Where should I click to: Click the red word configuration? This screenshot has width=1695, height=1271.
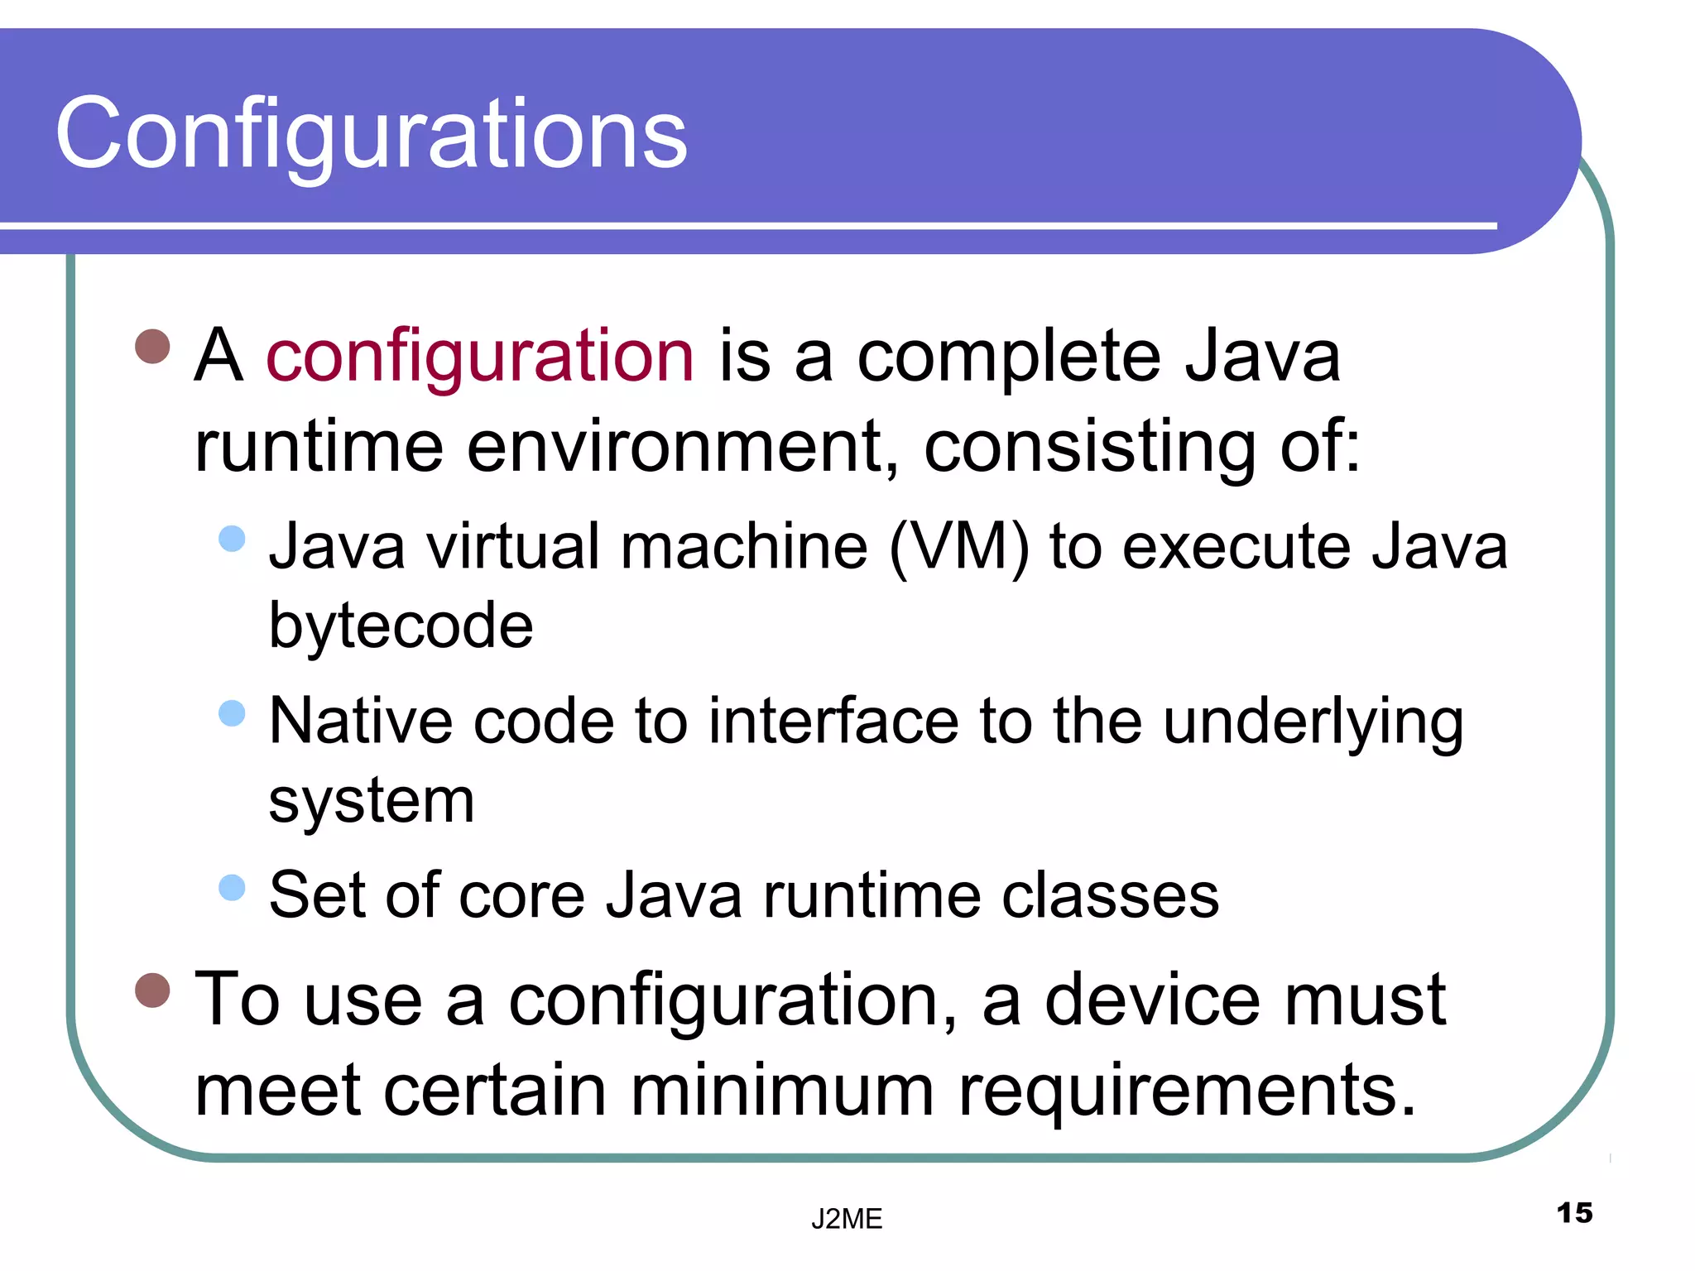tap(479, 357)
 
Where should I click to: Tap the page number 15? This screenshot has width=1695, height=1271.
tap(1574, 1213)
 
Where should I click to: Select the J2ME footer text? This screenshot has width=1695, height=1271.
tap(847, 1219)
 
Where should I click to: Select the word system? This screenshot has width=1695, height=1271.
tap(372, 801)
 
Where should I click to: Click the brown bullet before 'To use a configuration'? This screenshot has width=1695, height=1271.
tap(152, 990)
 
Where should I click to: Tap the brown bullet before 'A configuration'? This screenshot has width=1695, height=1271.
tap(152, 347)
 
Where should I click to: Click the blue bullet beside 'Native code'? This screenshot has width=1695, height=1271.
tap(233, 712)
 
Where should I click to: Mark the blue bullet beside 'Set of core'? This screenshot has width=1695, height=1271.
tap(233, 887)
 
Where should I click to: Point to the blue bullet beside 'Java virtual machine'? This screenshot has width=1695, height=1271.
tap(233, 539)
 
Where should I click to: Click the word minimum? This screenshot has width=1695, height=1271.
tap(783, 1091)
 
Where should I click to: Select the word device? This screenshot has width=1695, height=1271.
tap(1152, 1000)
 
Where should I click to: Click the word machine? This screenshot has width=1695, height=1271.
tap(744, 547)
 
